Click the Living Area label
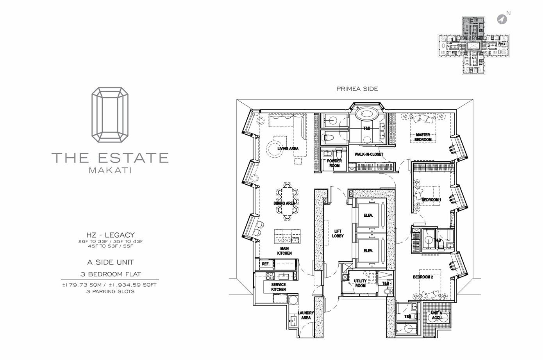(288, 148)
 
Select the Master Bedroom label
(423, 137)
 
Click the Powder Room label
(334, 163)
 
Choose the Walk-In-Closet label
(369, 154)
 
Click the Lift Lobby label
(338, 233)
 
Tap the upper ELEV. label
(368, 216)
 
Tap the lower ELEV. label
(368, 251)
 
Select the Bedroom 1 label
(431, 200)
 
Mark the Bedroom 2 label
(423, 277)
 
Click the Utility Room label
(360, 283)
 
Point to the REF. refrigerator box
(266, 264)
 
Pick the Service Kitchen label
(278, 287)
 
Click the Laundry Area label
(305, 315)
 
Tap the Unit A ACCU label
(436, 315)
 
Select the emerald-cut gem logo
(110, 114)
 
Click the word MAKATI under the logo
(110, 171)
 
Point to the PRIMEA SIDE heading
(357, 89)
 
